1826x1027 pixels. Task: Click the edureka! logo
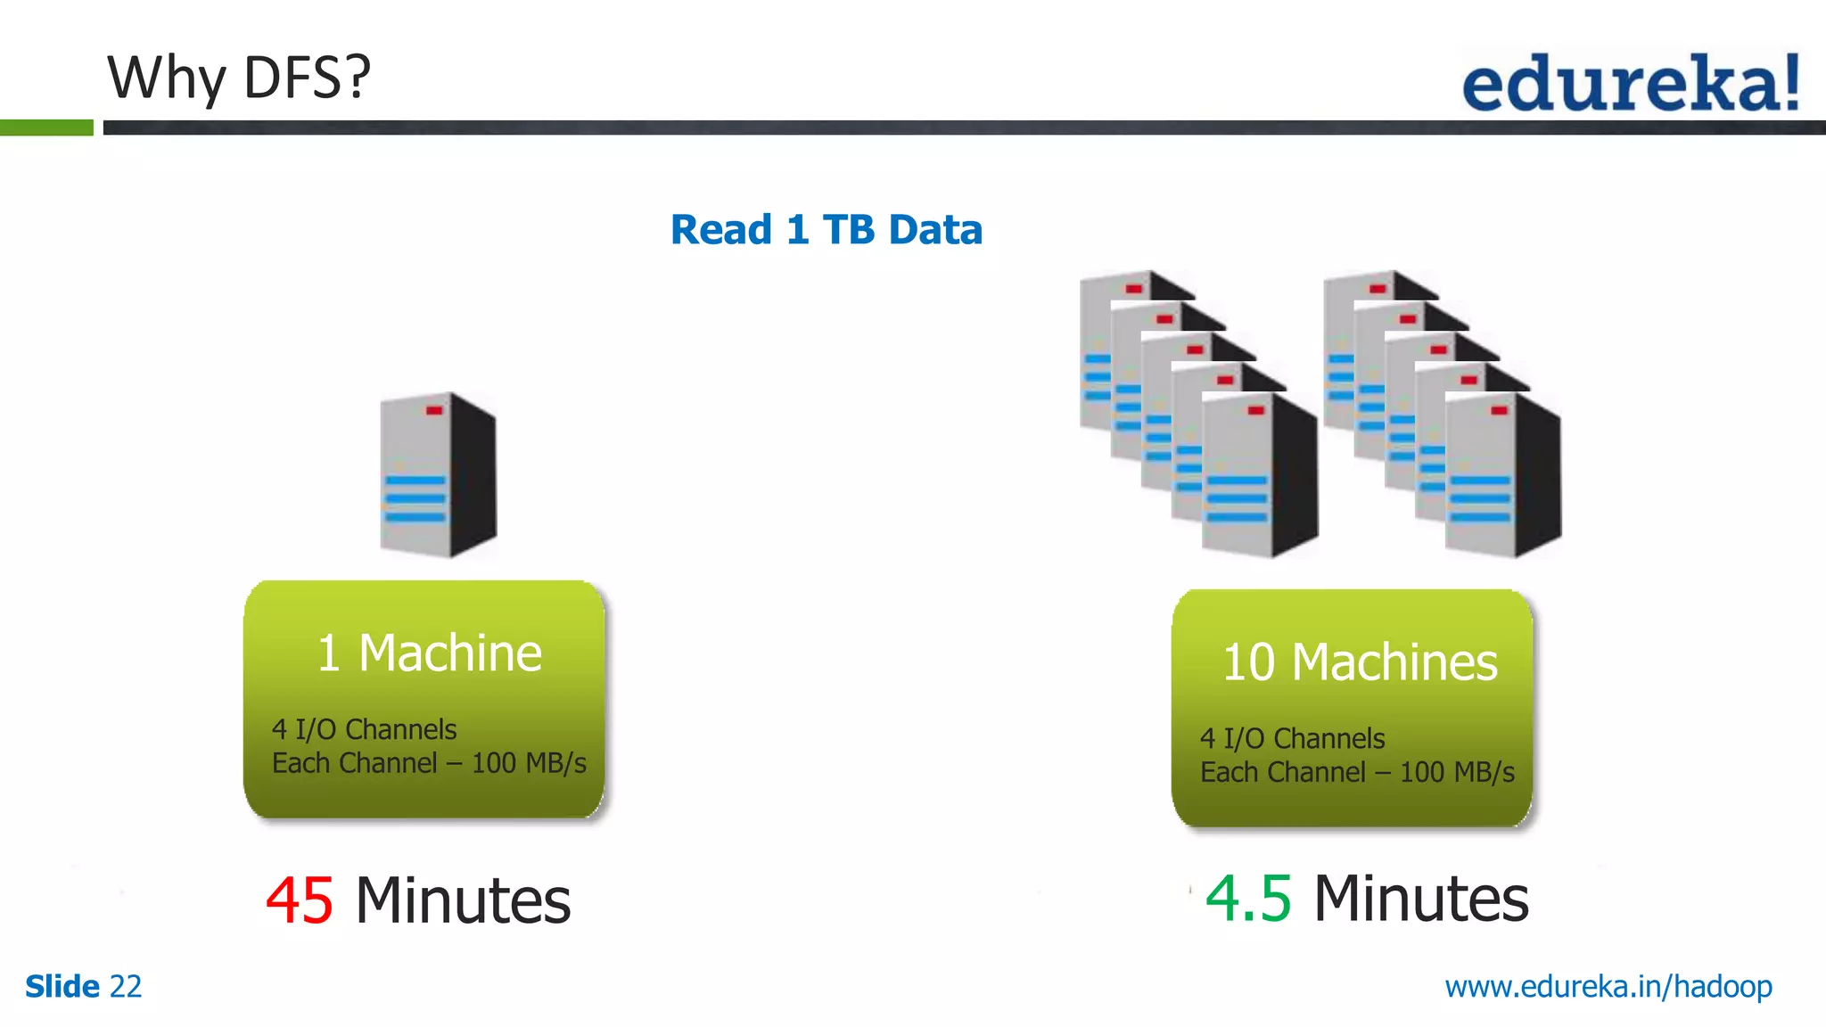[x=1630, y=83]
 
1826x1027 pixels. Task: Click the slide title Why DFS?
[x=238, y=78]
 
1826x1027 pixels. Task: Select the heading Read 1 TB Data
[x=826, y=230]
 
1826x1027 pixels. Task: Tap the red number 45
[x=300, y=900]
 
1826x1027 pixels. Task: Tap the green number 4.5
[x=1247, y=898]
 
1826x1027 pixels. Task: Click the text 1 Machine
[x=429, y=653]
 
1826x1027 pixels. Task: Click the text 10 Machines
[x=1359, y=662]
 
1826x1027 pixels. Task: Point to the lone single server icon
[x=438, y=474]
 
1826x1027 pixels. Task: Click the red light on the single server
[x=434, y=410]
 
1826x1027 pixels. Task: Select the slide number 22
[x=126, y=987]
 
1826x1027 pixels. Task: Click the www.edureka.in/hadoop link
[x=1608, y=987]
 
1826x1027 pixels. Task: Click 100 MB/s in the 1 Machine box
[x=528, y=763]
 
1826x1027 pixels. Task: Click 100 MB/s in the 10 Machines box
[x=1456, y=772]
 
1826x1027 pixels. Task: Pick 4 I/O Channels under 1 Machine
[x=364, y=729]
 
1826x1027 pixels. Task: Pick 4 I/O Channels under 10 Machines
[x=1292, y=738]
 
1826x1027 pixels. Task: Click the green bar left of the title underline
[x=46, y=127]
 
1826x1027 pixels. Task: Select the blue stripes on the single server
[x=415, y=498]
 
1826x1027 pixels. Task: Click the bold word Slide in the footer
[x=62, y=987]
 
